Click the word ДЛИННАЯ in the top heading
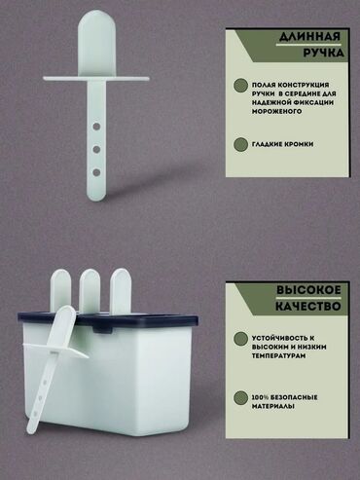(x=309, y=37)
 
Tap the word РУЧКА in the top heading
(x=323, y=53)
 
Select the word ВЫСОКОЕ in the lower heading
(x=308, y=290)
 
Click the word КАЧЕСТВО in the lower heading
(x=308, y=306)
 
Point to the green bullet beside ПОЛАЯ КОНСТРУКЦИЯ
(x=240, y=86)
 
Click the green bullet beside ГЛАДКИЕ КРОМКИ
(x=240, y=144)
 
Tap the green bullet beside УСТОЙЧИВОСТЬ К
(x=240, y=339)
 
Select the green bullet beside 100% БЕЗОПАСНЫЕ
(x=240, y=397)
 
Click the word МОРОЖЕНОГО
(x=276, y=111)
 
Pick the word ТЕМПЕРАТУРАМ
(x=278, y=356)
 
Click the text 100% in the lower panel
(x=260, y=397)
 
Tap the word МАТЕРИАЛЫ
(x=273, y=406)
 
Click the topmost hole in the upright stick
(x=96, y=127)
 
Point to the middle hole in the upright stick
(x=96, y=150)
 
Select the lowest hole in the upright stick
(x=96, y=172)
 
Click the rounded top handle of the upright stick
(x=96, y=43)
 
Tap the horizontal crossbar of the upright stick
(x=96, y=79)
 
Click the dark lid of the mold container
(x=108, y=319)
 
